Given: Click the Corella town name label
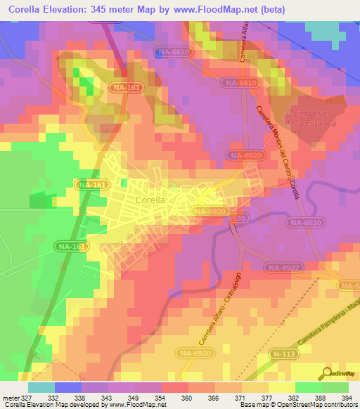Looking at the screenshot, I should tap(148, 200).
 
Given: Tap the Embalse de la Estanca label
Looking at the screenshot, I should tap(309, 118).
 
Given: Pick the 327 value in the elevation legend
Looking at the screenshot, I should tap(26, 397).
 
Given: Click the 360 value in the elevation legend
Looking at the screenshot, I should tap(186, 397).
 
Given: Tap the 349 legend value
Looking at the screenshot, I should tap(133, 397).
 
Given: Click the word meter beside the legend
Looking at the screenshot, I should tap(10, 397).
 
